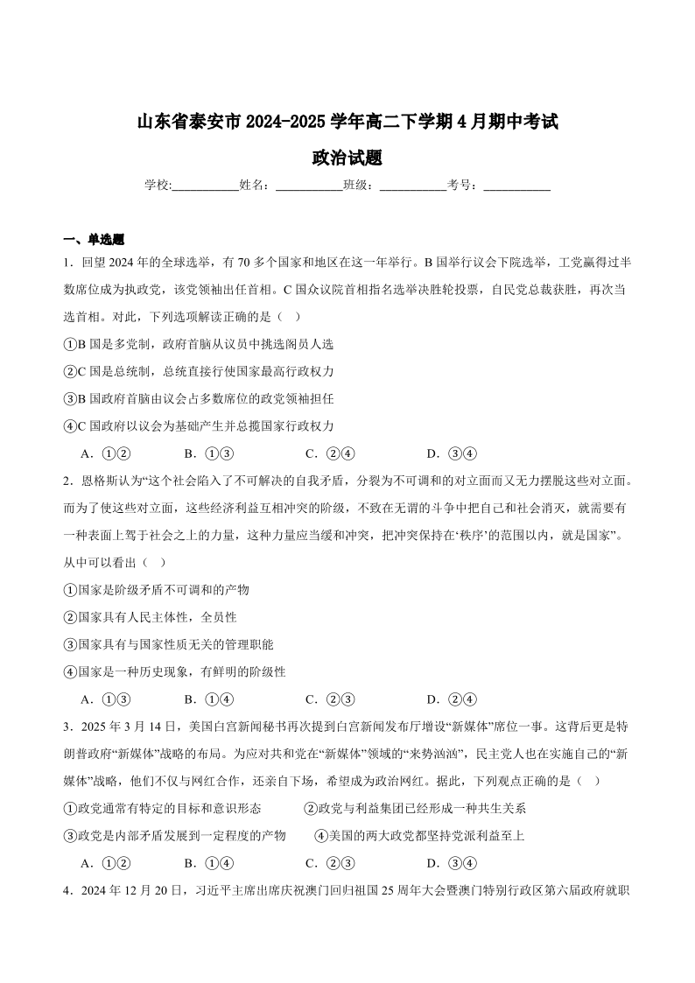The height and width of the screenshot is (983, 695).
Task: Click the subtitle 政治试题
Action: pos(347,158)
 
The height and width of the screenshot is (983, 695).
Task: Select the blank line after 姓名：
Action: pos(309,186)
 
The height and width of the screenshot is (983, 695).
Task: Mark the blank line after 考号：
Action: pos(516,186)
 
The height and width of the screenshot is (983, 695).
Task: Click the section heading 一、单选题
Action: pos(95,239)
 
